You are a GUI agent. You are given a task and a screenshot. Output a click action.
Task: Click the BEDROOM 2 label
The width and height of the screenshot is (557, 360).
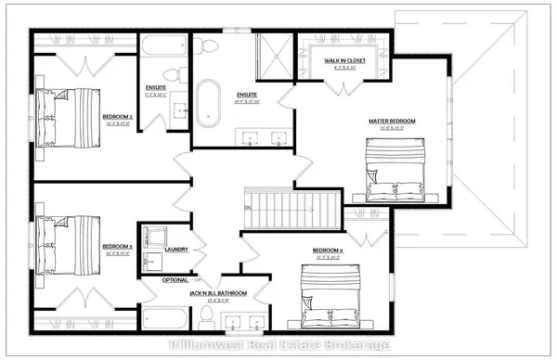pyautogui.click(x=116, y=117)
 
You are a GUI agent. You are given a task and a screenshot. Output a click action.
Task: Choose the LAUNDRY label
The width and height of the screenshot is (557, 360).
pyautogui.click(x=175, y=249)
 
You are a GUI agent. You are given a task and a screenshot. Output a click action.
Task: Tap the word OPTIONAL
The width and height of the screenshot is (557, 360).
pyautogui.click(x=175, y=279)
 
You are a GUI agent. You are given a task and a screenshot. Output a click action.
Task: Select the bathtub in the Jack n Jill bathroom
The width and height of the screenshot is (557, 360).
pyautogui.click(x=168, y=315)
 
